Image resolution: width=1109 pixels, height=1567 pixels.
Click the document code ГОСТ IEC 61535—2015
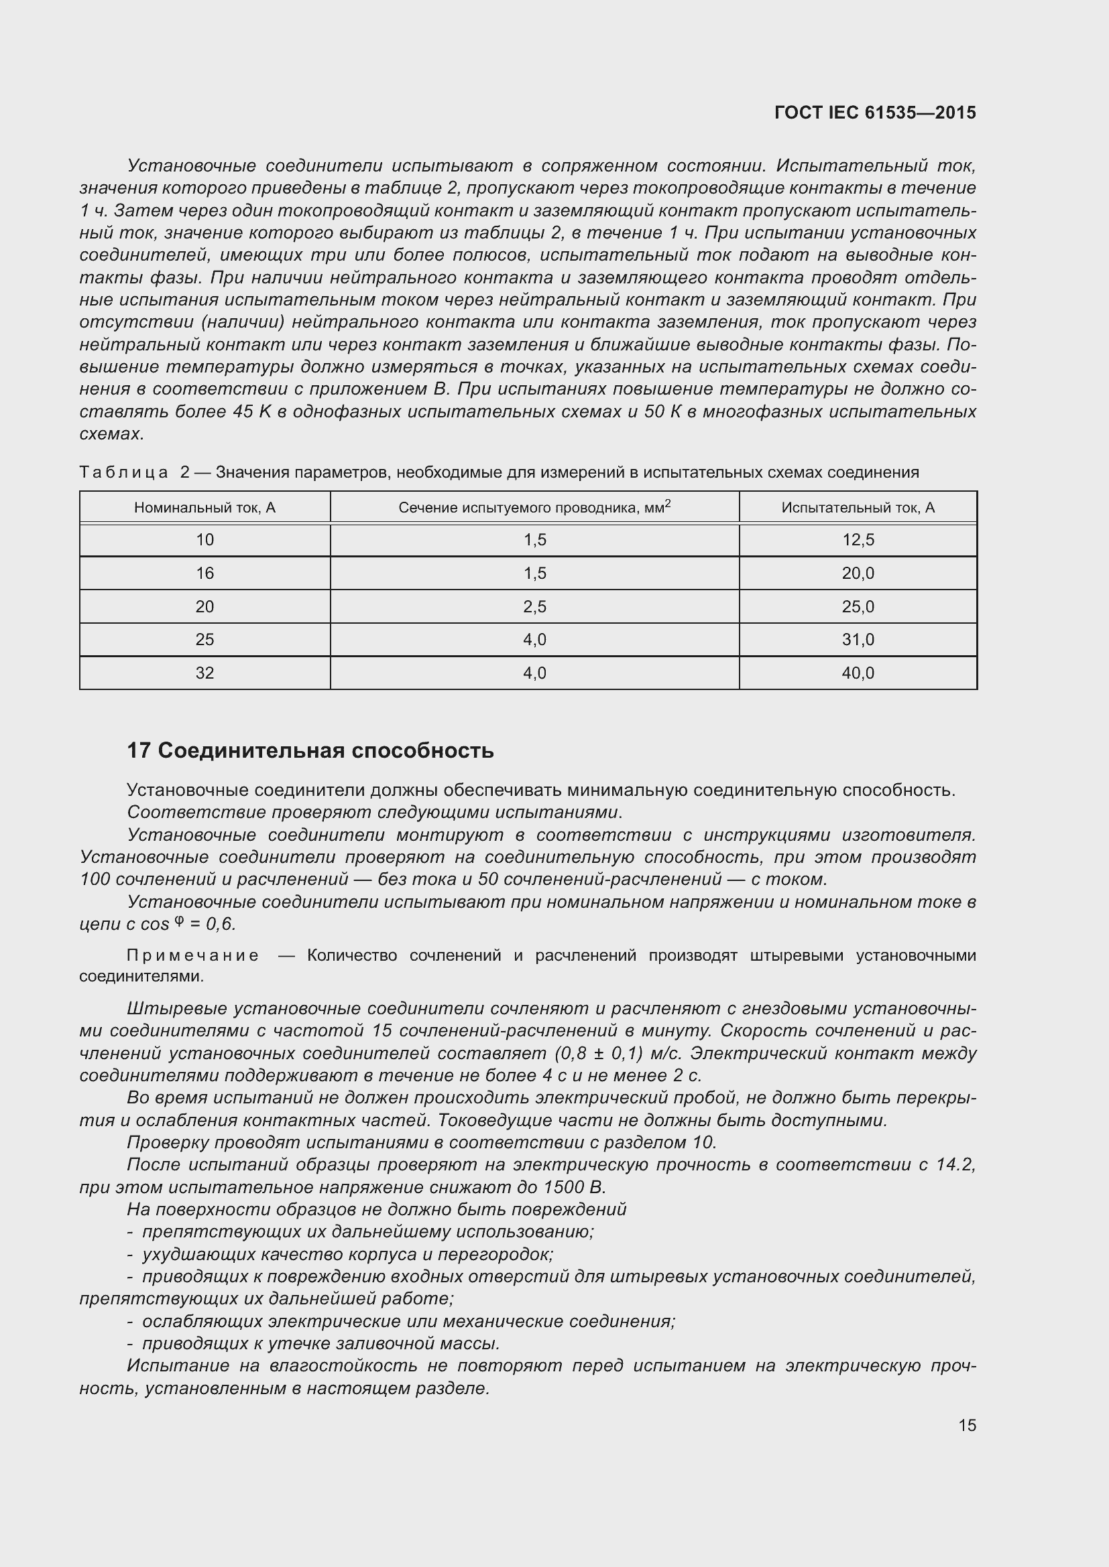pyautogui.click(x=875, y=113)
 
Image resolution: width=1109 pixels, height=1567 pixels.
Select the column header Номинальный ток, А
pyautogui.click(x=205, y=507)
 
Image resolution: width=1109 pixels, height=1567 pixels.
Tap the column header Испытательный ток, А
pyautogui.click(x=858, y=507)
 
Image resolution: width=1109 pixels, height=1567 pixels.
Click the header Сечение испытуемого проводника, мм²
pyautogui.click(x=534, y=506)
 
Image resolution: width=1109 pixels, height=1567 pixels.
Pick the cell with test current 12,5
pyautogui.click(x=858, y=540)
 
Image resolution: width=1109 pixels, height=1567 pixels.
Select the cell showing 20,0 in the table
pyautogui.click(x=858, y=573)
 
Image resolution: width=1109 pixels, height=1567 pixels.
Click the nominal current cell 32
pyautogui.click(x=205, y=673)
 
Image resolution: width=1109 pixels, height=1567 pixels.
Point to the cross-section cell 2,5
pyautogui.click(x=534, y=607)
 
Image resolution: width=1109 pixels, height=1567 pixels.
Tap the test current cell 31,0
pyautogui.click(x=858, y=640)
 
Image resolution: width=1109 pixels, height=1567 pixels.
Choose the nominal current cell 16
pyautogui.click(x=205, y=573)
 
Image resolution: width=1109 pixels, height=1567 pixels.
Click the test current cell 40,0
pyautogui.click(x=858, y=673)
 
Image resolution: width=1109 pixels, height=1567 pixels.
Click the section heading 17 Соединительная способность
pyautogui.click(x=310, y=751)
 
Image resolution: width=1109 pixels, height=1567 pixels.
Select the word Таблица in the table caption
pyautogui.click(x=123, y=472)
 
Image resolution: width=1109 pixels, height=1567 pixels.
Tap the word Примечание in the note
pyautogui.click(x=192, y=955)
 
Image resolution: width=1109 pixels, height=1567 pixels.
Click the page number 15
pyautogui.click(x=967, y=1425)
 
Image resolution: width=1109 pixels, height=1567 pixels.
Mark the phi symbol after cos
pyautogui.click(x=179, y=921)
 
